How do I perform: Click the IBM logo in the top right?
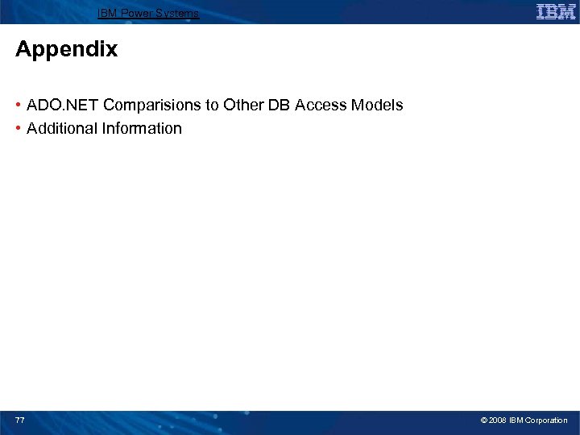tap(555, 12)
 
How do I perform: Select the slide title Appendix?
tap(66, 50)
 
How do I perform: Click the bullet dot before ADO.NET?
tap(19, 106)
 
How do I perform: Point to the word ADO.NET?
tap(63, 106)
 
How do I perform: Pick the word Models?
tap(378, 106)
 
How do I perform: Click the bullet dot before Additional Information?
tap(19, 129)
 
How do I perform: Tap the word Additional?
tap(60, 129)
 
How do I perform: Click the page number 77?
tap(20, 420)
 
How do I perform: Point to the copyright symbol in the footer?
tap(483, 420)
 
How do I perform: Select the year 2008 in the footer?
tap(497, 420)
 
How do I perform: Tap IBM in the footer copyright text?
tap(516, 420)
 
